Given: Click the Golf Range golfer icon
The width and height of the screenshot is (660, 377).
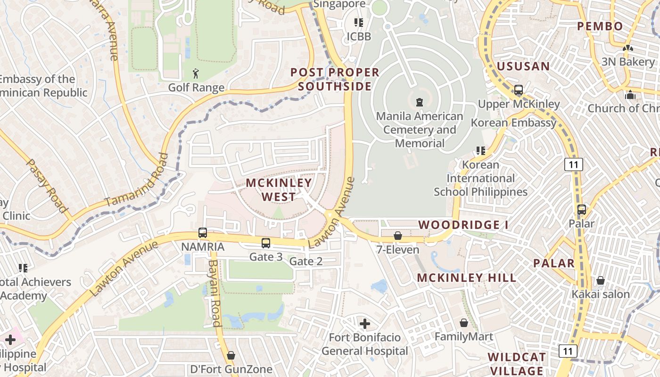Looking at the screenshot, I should tap(196, 74).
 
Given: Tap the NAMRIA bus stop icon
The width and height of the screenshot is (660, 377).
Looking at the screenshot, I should tap(203, 232).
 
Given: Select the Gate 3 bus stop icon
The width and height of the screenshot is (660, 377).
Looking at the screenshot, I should tap(266, 243).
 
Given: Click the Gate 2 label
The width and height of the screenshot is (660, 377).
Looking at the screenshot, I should tap(305, 262).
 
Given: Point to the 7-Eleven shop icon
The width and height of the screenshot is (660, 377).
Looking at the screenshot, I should tap(398, 236).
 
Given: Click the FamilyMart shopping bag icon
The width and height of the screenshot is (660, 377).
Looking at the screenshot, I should tap(464, 323).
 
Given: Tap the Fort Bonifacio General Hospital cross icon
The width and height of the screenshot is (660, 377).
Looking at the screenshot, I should tap(365, 324).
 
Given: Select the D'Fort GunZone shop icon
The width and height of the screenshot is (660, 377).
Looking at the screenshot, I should tap(231, 355).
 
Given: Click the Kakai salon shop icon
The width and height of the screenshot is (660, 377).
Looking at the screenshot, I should tap(601, 280).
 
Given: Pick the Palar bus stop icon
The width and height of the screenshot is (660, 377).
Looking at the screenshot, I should tap(582, 210).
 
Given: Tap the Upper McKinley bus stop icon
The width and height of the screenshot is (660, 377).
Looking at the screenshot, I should tap(519, 90).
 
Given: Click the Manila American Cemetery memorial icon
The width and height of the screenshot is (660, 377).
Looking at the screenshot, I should tap(420, 102).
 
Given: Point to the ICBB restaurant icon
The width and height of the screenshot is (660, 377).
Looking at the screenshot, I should tap(359, 23).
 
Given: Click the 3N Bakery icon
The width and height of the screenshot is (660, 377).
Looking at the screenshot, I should tap(627, 48).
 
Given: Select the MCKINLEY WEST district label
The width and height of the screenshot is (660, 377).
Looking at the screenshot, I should tap(279, 189).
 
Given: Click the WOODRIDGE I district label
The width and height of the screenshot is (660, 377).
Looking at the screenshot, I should tap(463, 225).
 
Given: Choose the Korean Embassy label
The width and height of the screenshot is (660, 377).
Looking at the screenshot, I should tap(514, 123).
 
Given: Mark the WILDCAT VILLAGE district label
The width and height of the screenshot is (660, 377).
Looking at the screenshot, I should tap(517, 364).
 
